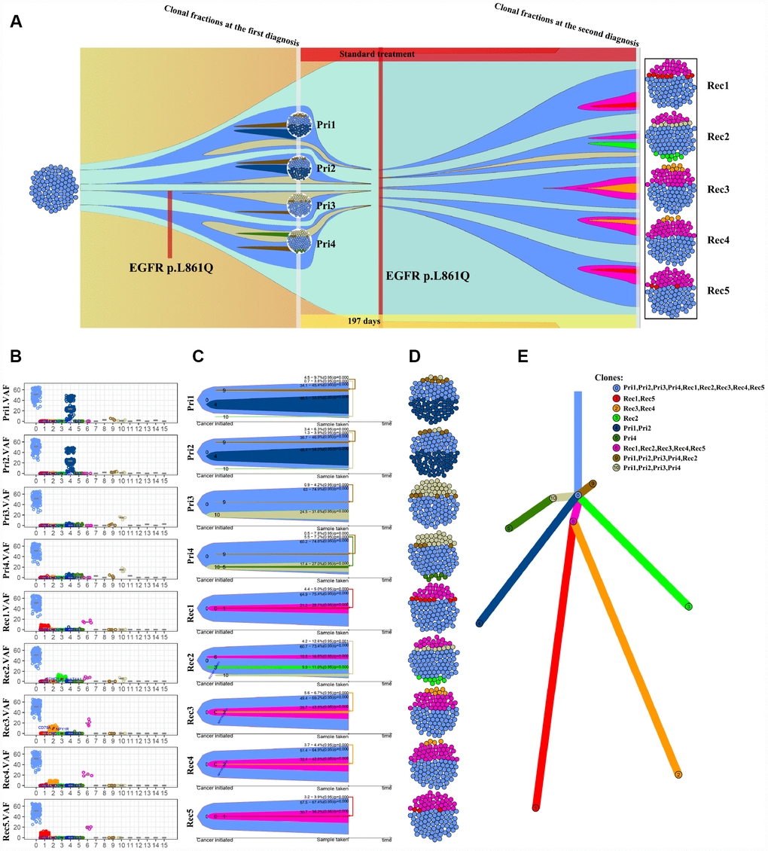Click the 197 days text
click(364, 322)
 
